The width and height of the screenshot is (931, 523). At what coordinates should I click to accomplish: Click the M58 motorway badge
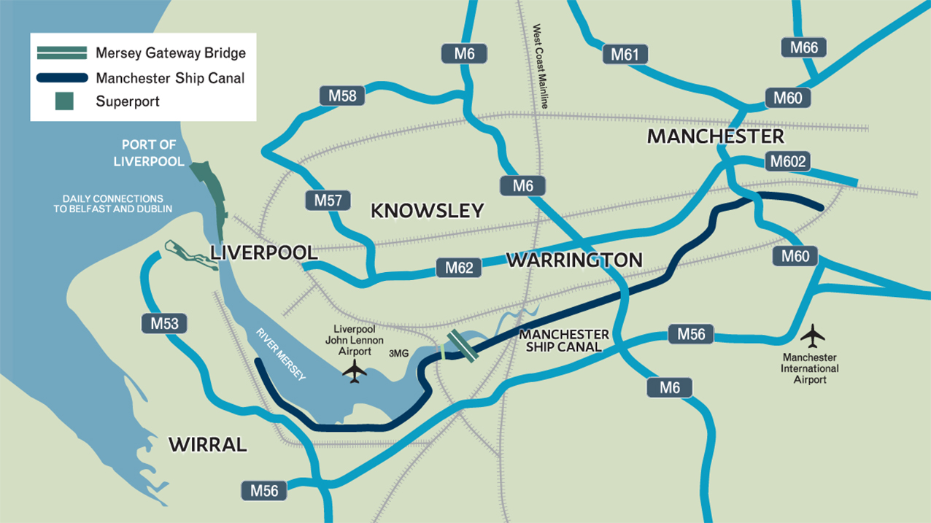(342, 96)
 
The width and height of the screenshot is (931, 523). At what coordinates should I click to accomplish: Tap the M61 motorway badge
(625, 54)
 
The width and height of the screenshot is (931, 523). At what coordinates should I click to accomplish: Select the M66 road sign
(805, 48)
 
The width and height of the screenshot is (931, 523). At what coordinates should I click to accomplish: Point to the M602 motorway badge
(787, 161)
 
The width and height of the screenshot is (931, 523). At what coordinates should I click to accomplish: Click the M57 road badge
(328, 200)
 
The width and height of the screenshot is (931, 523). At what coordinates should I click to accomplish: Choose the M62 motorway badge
(459, 268)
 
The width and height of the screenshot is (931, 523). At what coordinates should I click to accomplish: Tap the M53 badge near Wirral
(164, 324)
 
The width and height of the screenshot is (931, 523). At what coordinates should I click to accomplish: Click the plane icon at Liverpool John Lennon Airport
(355, 371)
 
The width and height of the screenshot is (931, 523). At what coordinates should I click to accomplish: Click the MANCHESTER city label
(715, 136)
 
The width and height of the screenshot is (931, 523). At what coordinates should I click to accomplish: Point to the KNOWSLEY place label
(427, 211)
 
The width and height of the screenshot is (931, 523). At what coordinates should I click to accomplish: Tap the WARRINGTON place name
(574, 260)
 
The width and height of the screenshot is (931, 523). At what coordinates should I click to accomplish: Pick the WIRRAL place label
(208, 444)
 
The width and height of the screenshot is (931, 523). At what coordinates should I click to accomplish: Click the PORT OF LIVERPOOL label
(149, 152)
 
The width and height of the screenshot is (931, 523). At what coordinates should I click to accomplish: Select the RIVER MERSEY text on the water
(281, 354)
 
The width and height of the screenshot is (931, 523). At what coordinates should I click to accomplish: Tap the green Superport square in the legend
(65, 101)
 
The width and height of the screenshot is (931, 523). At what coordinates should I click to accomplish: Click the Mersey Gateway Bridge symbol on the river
(463, 344)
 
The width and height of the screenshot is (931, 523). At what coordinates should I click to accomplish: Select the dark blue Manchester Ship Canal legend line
(61, 77)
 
